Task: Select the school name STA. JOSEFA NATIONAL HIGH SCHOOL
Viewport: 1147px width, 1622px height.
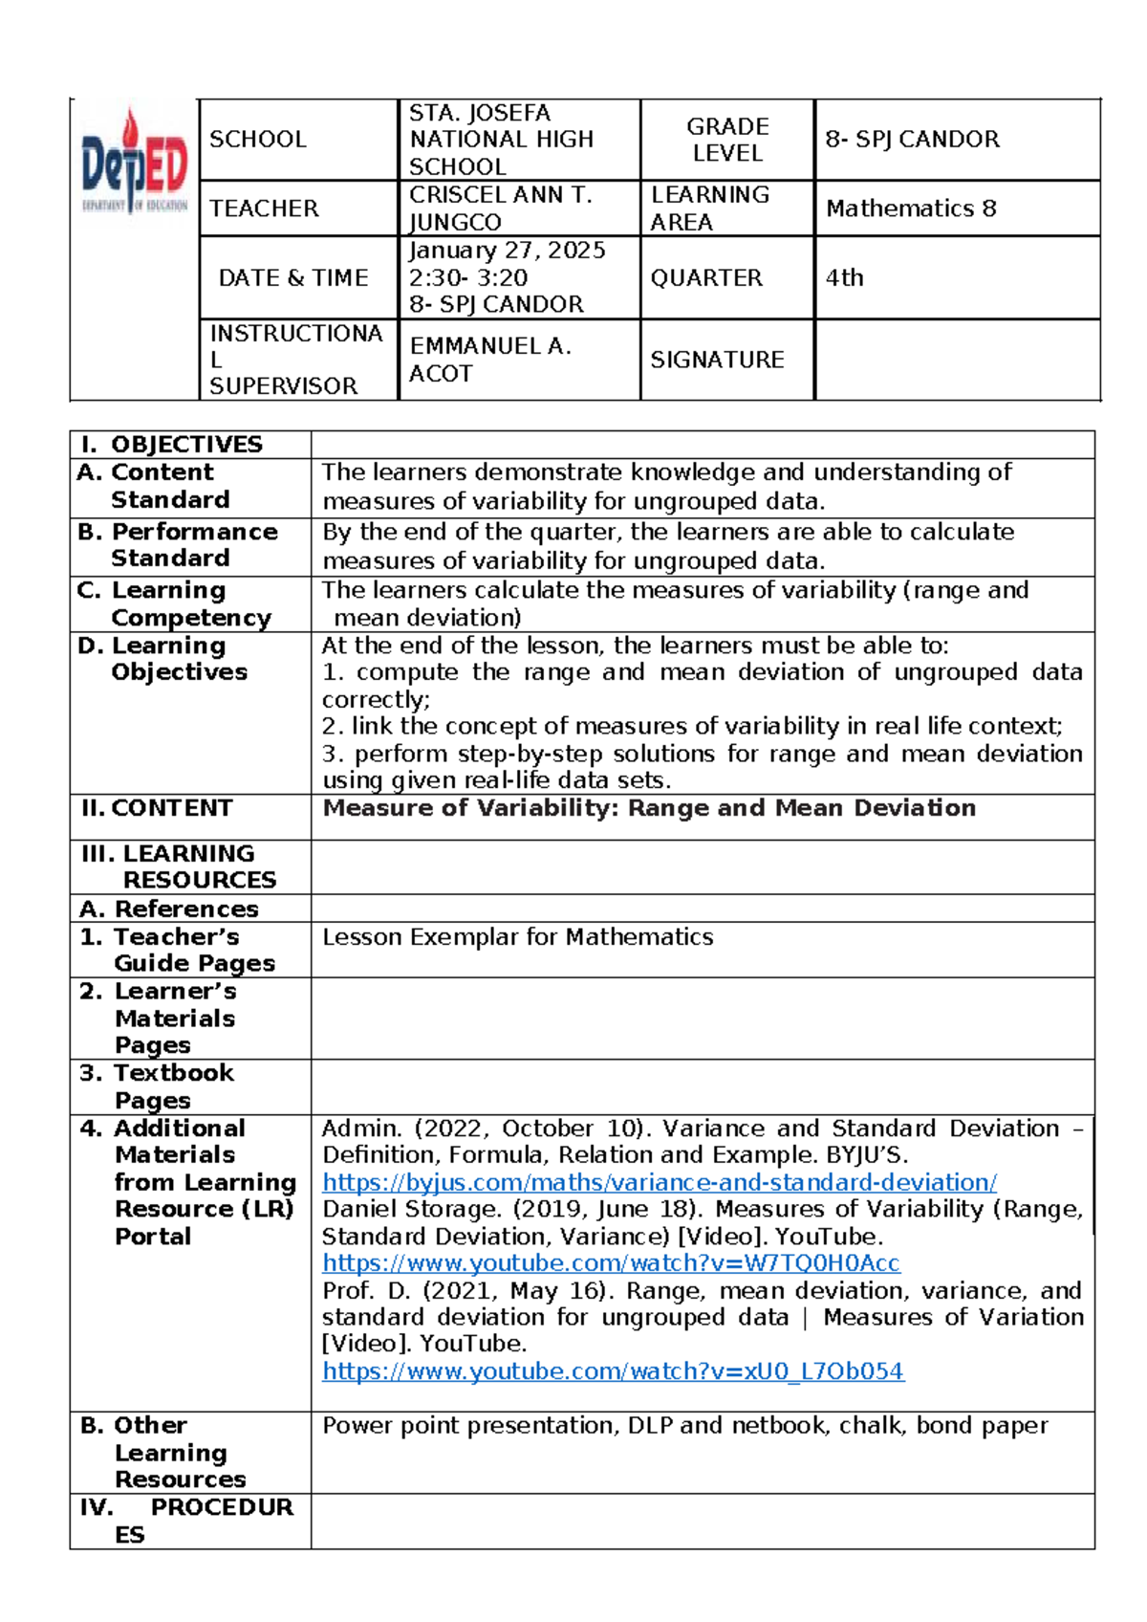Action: pos(501,140)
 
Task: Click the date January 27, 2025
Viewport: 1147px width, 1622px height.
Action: pos(508,251)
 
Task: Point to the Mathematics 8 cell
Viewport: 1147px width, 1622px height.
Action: pos(911,208)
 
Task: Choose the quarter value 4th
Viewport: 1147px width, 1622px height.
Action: pos(845,278)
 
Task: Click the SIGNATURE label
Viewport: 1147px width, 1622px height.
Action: pos(717,360)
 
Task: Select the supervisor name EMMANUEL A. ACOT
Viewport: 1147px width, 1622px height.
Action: pos(490,360)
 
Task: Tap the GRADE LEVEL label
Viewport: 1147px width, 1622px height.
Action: pos(727,140)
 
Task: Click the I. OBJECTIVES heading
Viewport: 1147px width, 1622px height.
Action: pos(172,445)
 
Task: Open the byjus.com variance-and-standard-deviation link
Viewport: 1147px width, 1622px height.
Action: pos(660,1183)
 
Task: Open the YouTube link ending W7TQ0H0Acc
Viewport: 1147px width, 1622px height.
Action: pos(611,1263)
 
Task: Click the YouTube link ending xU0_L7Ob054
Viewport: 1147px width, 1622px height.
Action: pos(613,1371)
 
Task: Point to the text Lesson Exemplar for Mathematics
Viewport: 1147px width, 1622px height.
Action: pos(517,937)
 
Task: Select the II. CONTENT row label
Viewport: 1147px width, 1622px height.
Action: pos(157,808)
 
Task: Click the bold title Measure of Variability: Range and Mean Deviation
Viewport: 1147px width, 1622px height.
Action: pos(649,808)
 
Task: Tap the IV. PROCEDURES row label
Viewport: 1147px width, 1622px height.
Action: pos(187,1521)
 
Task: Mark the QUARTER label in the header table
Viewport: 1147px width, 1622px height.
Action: pos(706,278)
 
